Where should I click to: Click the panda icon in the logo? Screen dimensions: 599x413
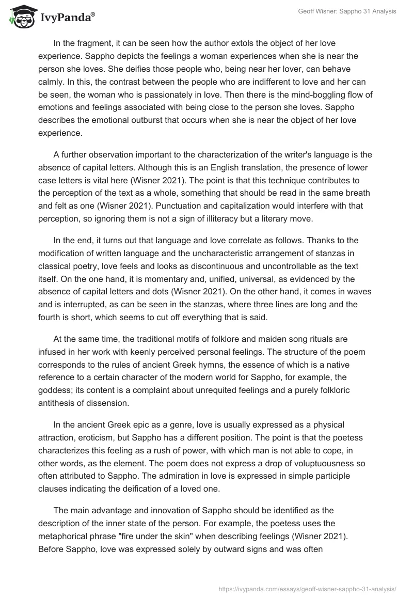(21, 18)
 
